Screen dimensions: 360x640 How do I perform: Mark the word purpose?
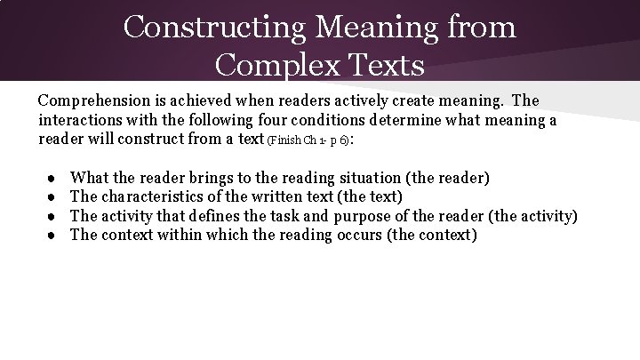(x=387, y=216)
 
